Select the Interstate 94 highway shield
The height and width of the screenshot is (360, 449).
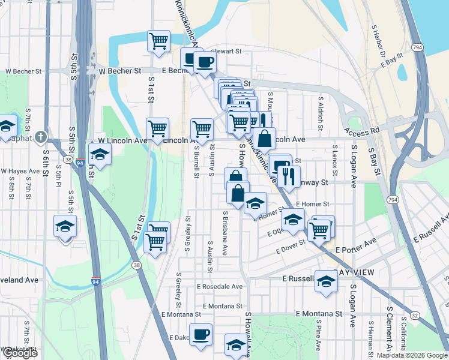(96, 281)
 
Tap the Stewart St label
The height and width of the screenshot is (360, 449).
(226, 52)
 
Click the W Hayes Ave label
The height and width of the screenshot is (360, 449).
(19, 171)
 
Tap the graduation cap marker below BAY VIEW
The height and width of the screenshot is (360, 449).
(326, 282)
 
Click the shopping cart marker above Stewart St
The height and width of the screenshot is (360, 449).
(158, 41)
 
